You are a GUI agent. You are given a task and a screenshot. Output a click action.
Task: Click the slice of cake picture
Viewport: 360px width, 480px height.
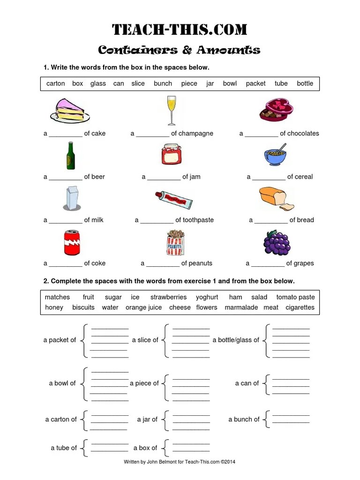point(70,110)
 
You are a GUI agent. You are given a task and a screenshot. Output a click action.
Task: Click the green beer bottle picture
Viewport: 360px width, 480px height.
point(70,155)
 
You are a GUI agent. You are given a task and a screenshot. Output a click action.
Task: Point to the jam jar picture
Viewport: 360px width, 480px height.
point(172,154)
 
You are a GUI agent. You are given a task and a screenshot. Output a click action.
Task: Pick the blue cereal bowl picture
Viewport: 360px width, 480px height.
point(276,156)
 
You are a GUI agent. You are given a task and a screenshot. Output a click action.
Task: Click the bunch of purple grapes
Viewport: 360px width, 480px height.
point(277,242)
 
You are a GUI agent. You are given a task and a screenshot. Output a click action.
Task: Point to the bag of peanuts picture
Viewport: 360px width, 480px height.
point(175,242)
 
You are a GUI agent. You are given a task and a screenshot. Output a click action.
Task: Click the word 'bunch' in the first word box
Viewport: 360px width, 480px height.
point(163,83)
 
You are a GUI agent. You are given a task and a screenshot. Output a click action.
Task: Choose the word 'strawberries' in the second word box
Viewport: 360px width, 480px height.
point(168,297)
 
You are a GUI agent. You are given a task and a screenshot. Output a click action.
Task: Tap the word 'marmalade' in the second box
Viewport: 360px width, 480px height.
point(241,307)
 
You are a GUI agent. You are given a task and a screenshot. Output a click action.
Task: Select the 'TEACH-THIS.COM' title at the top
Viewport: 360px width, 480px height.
point(180,30)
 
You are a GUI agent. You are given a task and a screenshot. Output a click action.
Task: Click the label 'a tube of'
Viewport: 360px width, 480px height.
point(64,448)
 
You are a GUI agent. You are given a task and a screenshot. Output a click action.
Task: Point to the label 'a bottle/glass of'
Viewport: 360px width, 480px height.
point(236,340)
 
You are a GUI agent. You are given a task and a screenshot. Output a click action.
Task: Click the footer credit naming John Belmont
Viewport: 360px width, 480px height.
point(180,462)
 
